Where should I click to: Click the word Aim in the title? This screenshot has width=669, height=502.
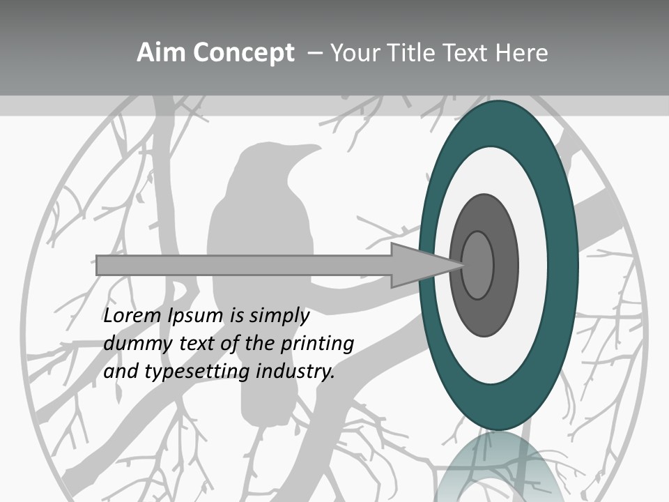pyautogui.click(x=161, y=53)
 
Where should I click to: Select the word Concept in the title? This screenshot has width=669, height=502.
pyautogui.click(x=243, y=53)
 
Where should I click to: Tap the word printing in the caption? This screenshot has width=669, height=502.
pyautogui.click(x=317, y=344)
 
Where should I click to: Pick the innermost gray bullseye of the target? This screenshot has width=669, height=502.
pyautogui.click(x=477, y=265)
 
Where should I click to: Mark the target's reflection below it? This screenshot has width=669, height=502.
pyautogui.click(x=499, y=467)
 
